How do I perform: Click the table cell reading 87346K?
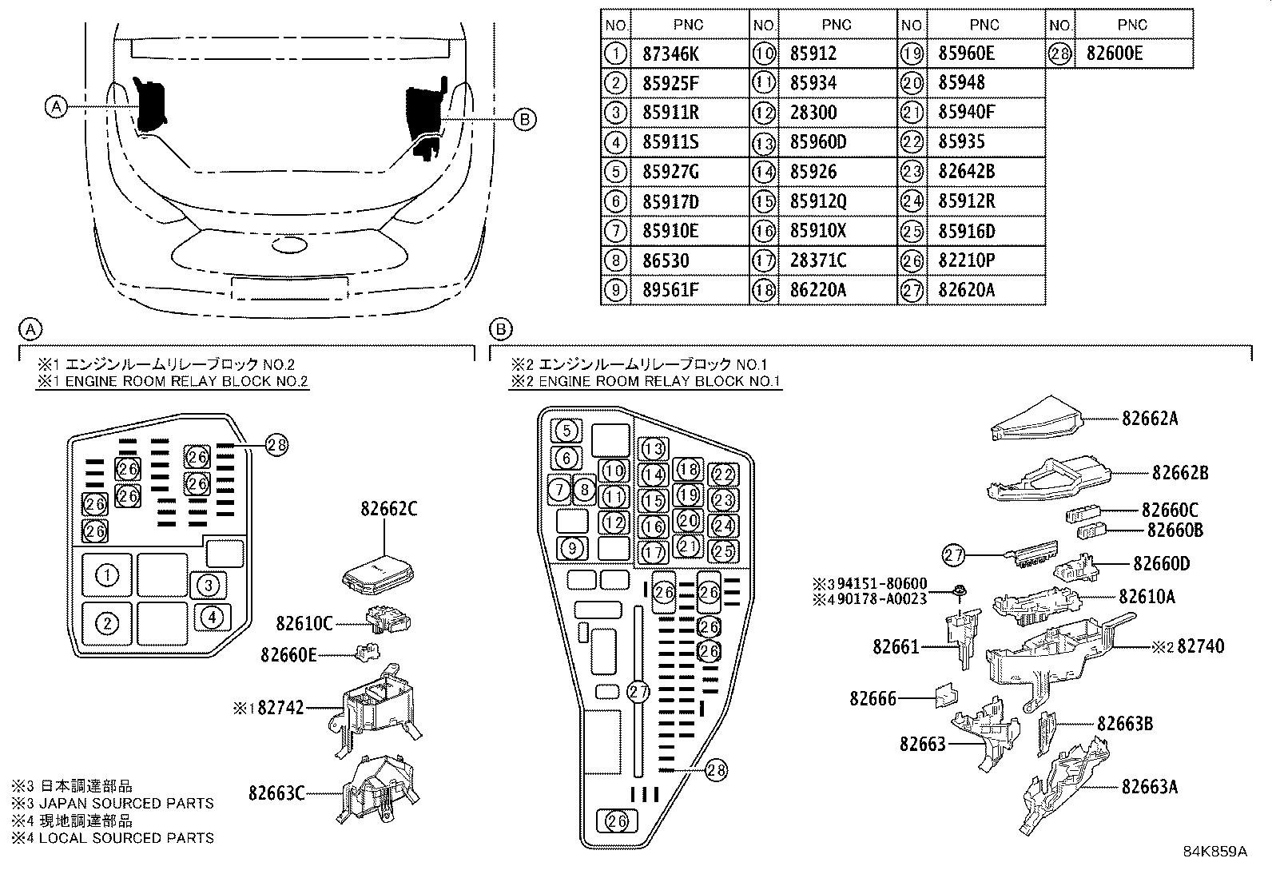671,54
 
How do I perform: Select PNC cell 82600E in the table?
1115,54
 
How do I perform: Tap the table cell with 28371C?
818,260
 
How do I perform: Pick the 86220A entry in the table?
818,290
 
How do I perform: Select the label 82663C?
276,793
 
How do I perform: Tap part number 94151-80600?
882,583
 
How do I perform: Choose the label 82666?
873,698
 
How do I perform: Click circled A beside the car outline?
55,106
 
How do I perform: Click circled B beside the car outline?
524,119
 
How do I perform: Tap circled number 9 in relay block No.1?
572,549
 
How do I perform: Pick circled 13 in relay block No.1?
654,449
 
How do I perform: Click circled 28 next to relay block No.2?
276,446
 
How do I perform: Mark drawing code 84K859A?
1214,852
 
